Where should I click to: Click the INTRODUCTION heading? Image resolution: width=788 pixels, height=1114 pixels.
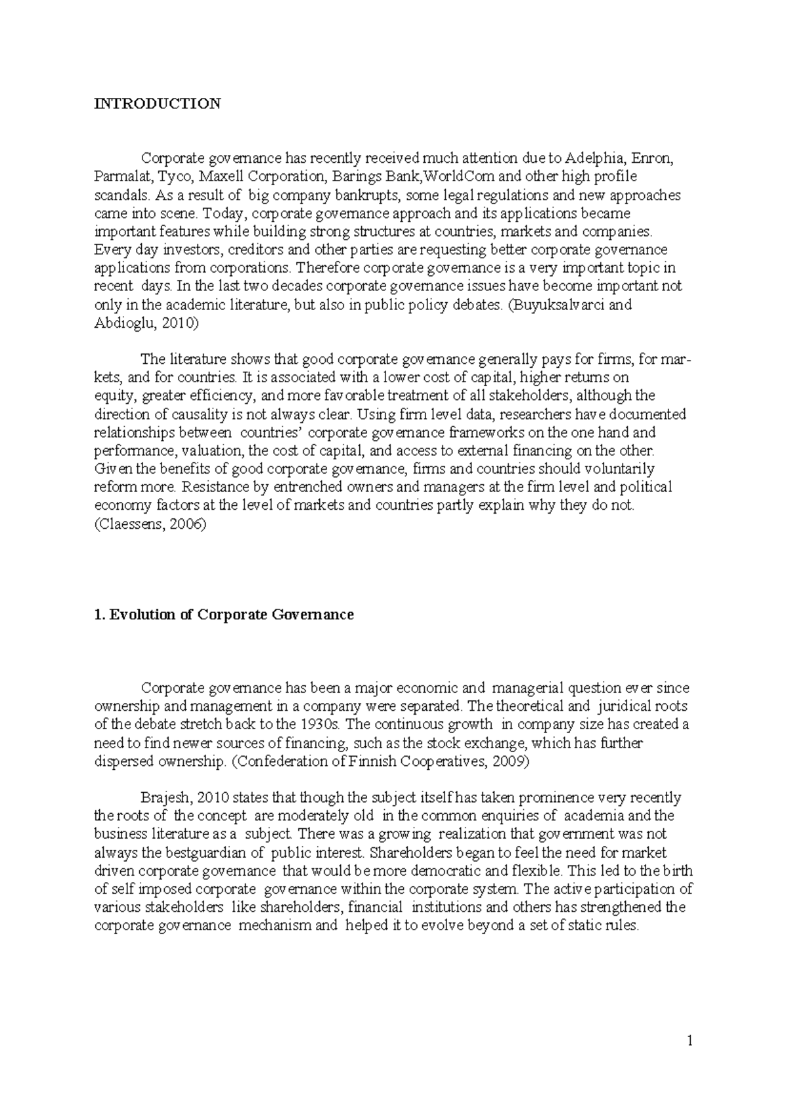158,104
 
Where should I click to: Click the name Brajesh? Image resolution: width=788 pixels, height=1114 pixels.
165,798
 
